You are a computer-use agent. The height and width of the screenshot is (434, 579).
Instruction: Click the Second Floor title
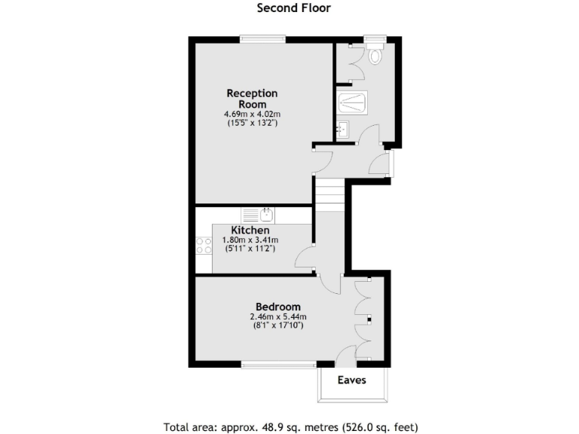coord(294,8)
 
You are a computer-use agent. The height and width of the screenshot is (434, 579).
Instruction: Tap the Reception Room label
coord(253,99)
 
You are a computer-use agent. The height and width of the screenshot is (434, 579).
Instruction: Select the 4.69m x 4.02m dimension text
coord(252,114)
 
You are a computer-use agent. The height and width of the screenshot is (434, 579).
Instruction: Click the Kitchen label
coord(250,230)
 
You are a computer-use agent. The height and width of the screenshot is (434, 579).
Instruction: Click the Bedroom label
coord(278,307)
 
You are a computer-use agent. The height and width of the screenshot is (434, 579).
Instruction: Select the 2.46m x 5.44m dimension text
coord(278,316)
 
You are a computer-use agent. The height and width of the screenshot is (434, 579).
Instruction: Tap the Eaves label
coord(352,380)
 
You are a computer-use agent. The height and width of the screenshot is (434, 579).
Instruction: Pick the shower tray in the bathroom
coord(352,102)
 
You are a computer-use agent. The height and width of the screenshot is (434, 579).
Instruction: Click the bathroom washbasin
coord(343,129)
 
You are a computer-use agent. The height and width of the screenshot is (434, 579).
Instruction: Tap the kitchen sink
coord(259,214)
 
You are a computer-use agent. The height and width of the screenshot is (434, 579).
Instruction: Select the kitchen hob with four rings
coord(204,245)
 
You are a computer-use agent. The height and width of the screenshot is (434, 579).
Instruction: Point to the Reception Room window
coord(262,38)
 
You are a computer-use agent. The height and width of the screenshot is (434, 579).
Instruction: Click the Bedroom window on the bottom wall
coord(279,365)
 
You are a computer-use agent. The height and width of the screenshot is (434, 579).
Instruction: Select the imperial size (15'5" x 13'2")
coord(252,122)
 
